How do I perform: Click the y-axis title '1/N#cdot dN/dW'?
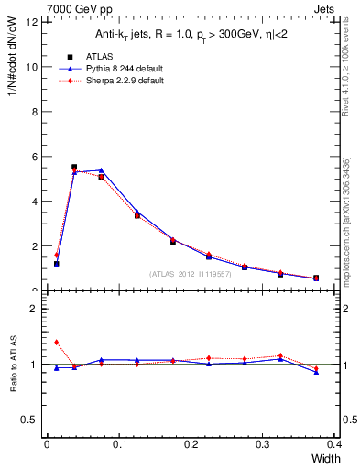point(13,63)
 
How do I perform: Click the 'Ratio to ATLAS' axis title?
point(14,364)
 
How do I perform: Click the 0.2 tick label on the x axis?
point(190,444)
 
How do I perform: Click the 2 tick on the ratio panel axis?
point(34,309)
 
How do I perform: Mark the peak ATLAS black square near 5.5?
point(74,167)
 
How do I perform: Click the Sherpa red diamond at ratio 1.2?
point(56,342)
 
